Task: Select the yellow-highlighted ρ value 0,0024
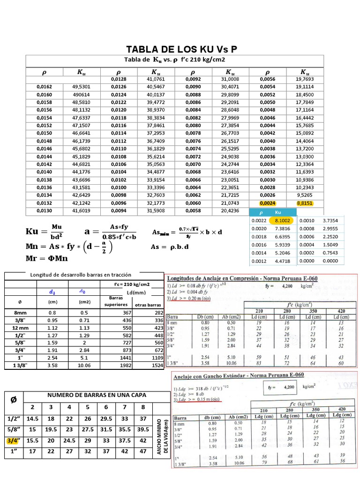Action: pyautogui.click(x=267, y=203)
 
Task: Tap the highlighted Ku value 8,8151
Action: pyautogui.click(x=305, y=203)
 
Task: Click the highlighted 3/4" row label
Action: pyautogui.click(x=14, y=441)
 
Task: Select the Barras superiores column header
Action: pyautogui.click(x=115, y=301)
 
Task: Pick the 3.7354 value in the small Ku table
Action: pyautogui.click(x=331, y=220)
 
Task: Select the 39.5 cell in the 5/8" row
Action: pyautogui.click(x=143, y=430)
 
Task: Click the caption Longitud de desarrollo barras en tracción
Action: pyautogui.click(x=81, y=274)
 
